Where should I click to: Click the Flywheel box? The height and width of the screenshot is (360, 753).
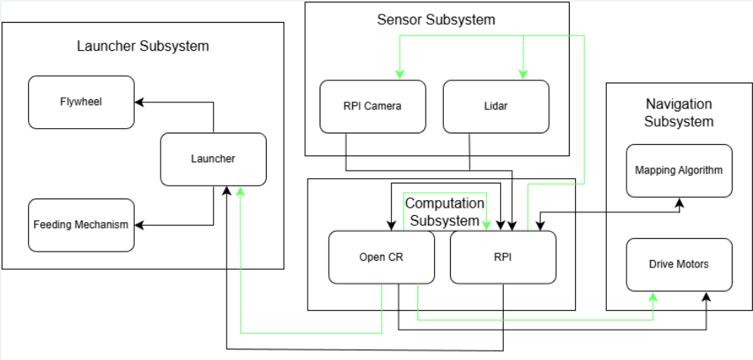[x=81, y=102]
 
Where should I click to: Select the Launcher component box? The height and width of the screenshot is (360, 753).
[x=213, y=159]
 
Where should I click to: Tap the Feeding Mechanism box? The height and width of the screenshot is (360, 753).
[x=81, y=225]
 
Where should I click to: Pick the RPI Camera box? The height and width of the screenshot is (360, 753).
[x=372, y=106]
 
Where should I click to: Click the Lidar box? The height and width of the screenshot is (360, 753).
[x=495, y=106]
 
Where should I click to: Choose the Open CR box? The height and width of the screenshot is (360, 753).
[x=381, y=257]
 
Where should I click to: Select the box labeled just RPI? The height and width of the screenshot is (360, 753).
[x=502, y=257]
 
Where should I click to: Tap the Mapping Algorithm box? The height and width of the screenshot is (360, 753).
[x=680, y=171]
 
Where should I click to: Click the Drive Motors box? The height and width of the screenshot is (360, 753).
[x=680, y=265]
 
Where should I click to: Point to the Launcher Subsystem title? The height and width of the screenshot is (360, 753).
[x=142, y=46]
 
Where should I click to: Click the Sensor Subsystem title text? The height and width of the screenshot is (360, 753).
[x=436, y=20]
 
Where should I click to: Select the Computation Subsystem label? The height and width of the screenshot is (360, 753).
[x=444, y=212]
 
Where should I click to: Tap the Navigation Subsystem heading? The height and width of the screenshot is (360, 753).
[x=680, y=112]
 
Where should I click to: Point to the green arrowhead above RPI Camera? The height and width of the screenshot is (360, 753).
[x=398, y=74]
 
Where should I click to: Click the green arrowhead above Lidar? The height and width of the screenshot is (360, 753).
[x=521, y=74]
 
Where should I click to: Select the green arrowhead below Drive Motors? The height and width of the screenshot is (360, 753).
[x=653, y=297]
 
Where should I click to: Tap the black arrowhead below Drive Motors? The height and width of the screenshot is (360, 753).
[x=706, y=297]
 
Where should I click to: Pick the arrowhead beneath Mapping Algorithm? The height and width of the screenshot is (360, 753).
[x=680, y=203]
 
